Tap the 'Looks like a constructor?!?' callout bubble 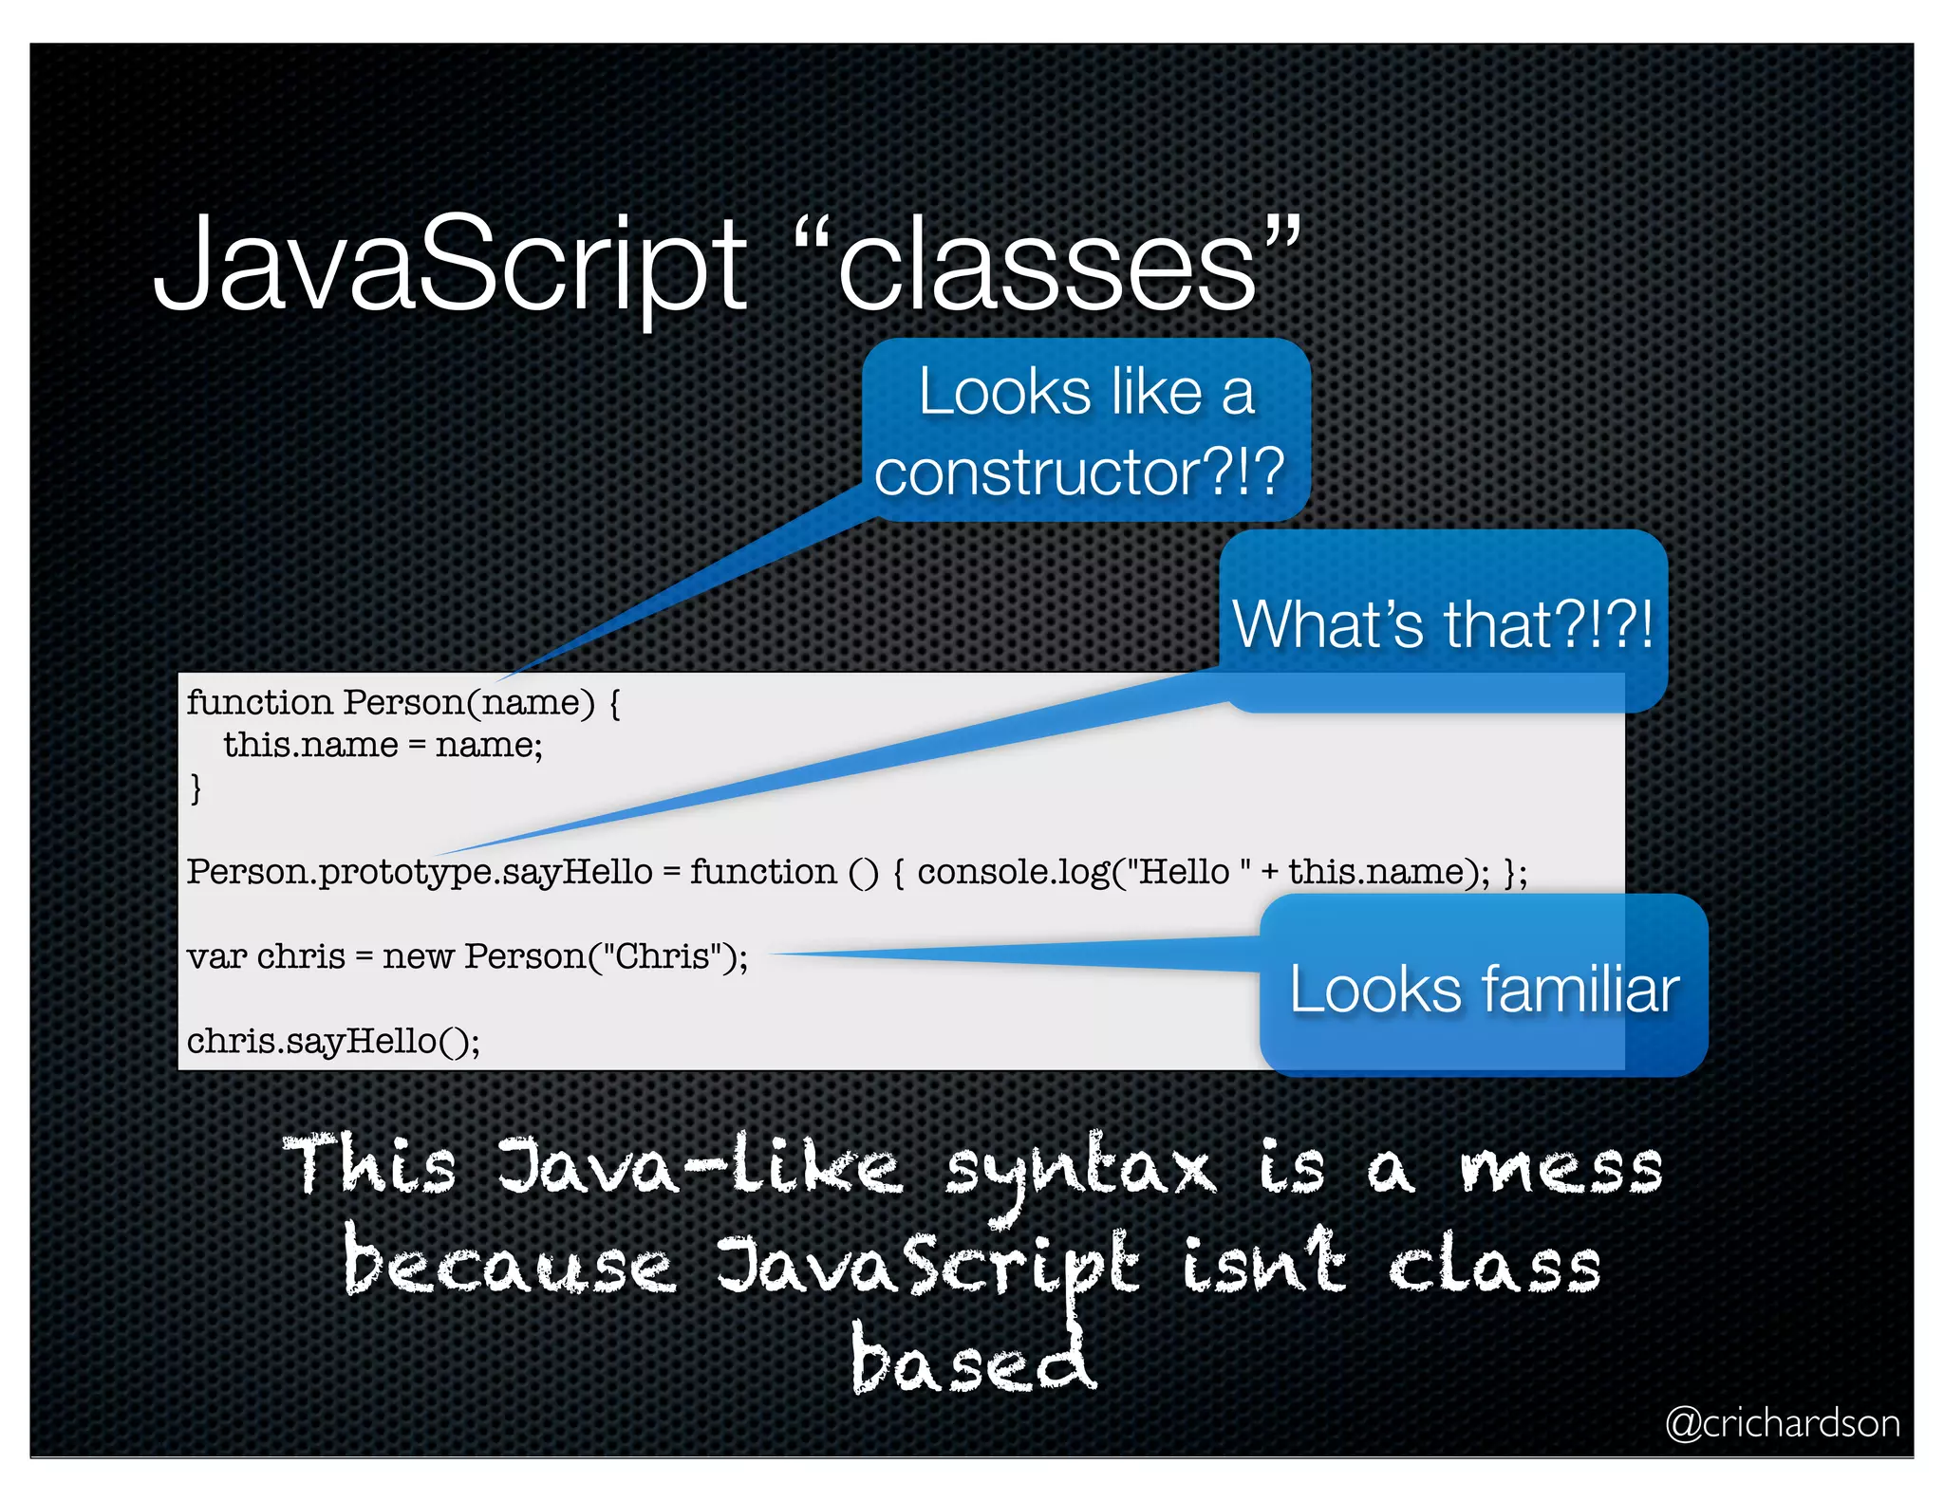pyautogui.click(x=1086, y=431)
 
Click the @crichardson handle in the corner pyautogui.click(x=1782, y=1423)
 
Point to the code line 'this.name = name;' pyautogui.click(x=383, y=745)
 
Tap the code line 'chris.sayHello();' pyautogui.click(x=333, y=1041)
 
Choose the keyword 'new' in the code pyautogui.click(x=418, y=956)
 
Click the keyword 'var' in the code pyautogui.click(x=217, y=956)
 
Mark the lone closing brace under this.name pyautogui.click(x=196, y=788)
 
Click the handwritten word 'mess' pyautogui.click(x=1561, y=1168)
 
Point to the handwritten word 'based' pyautogui.click(x=972, y=1359)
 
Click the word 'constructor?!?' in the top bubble pyautogui.click(x=1079, y=472)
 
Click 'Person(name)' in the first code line pyautogui.click(x=469, y=703)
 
